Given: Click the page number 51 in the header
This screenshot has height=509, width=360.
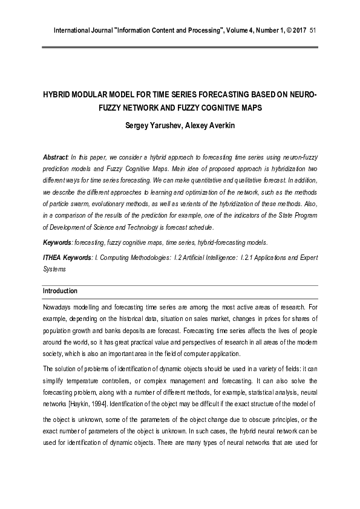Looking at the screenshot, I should (313, 30).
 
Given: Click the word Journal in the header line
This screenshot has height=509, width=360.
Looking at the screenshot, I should (98, 30).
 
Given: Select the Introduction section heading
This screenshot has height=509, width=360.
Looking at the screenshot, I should (60, 291).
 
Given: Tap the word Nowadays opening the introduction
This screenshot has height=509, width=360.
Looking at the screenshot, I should (59, 308).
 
